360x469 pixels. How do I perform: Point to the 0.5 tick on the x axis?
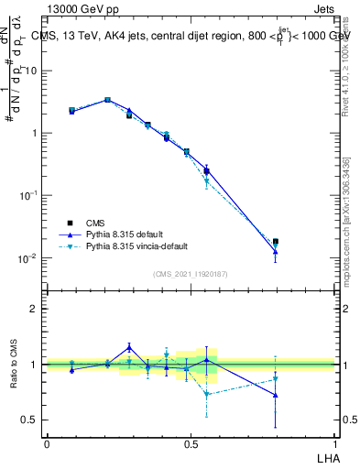click(190, 442)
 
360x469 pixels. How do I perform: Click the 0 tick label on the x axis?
click(47, 442)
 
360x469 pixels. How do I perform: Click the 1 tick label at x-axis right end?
click(334, 442)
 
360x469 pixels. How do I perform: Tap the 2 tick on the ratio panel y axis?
click(35, 309)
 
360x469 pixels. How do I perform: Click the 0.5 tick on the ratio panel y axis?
click(31, 420)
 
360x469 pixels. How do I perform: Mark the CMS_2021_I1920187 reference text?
click(191, 274)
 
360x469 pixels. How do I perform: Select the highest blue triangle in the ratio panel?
click(129, 347)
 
